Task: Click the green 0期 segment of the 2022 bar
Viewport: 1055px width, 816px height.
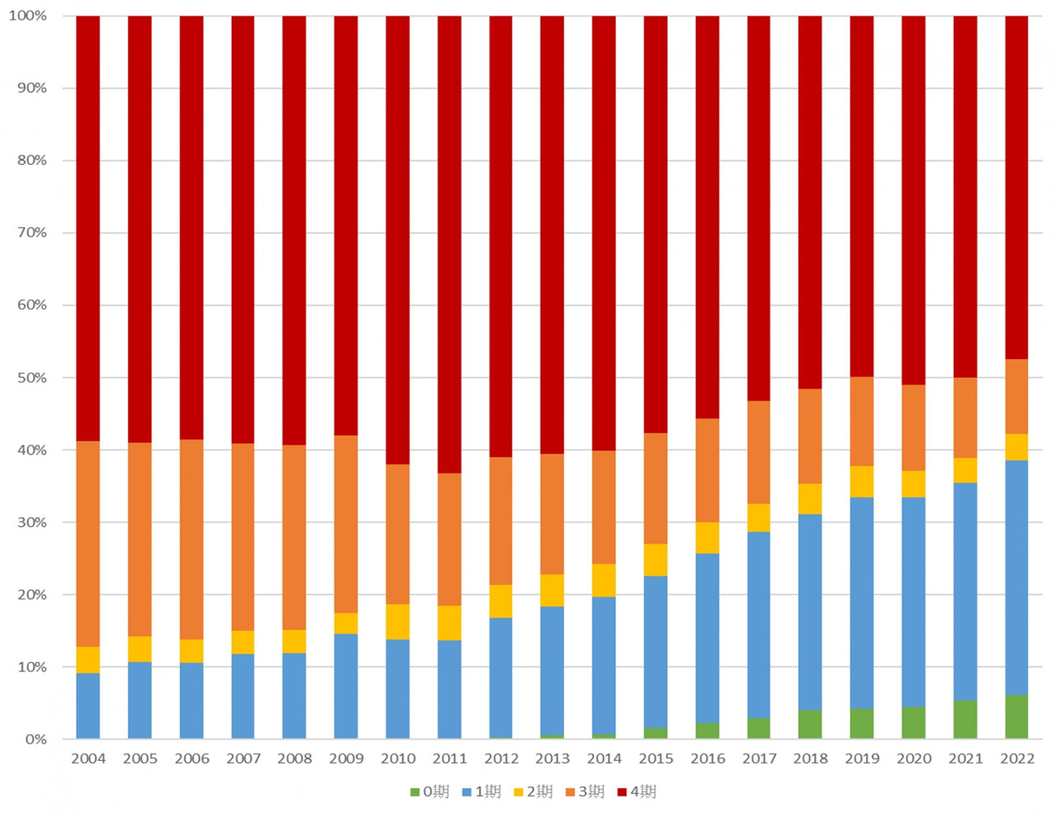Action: pos(1016,717)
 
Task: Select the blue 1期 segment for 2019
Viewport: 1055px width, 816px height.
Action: pos(861,603)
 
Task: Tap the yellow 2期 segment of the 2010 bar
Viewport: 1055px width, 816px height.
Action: pos(397,622)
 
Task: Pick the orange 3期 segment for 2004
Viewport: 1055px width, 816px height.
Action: pos(88,544)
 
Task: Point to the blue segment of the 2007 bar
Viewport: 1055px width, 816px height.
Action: pos(243,697)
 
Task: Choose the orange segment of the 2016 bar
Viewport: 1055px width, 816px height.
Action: pos(707,470)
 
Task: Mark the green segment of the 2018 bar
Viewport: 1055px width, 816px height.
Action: pos(810,725)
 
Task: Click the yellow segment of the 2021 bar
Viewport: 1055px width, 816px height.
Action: pos(965,470)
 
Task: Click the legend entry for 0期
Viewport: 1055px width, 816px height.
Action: pos(429,792)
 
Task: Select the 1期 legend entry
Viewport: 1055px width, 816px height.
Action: pos(481,792)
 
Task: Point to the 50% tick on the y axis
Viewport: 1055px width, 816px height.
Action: pos(32,378)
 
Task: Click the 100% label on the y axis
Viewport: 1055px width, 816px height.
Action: pos(28,16)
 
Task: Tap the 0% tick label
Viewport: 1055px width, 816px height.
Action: pos(35,739)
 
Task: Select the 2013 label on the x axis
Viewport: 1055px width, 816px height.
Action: pos(552,758)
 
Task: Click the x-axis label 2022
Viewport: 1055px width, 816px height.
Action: pos(1016,758)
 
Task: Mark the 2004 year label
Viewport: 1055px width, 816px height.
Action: pos(88,758)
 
